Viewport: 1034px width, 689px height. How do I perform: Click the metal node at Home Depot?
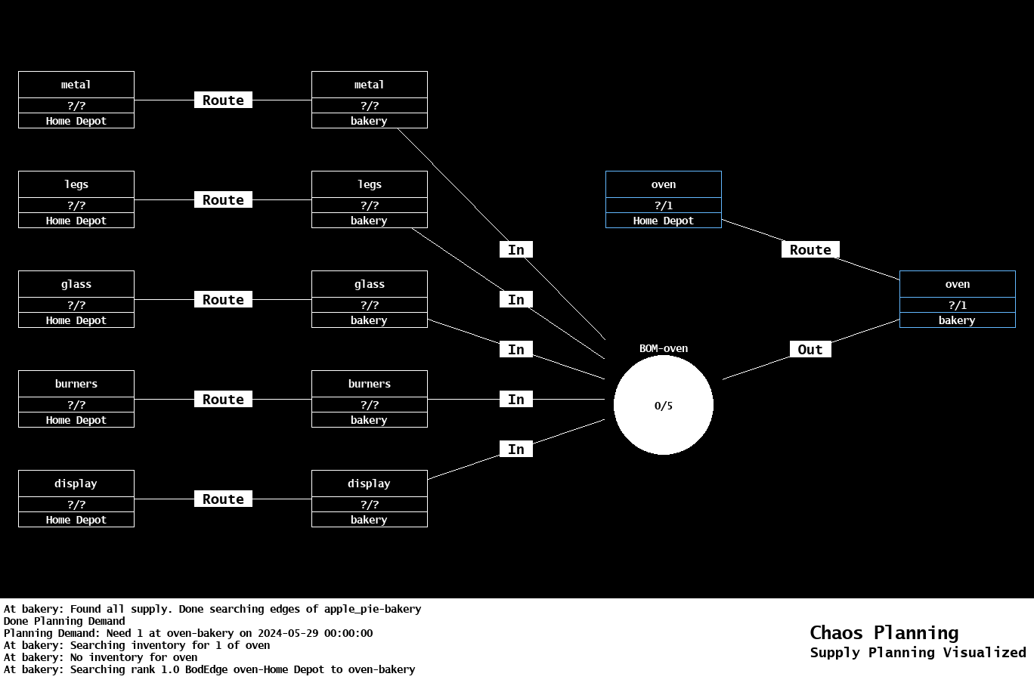coord(76,100)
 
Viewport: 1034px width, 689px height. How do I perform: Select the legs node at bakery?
coord(370,199)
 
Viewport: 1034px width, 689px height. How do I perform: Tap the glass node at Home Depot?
coord(76,299)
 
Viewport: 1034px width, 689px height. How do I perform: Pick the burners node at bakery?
coord(370,399)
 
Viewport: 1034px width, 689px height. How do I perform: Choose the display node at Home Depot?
coord(76,499)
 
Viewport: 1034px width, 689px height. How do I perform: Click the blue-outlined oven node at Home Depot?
coord(664,199)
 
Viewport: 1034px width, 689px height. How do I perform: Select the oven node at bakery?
coord(958,299)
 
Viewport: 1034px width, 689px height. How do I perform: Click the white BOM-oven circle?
coord(664,406)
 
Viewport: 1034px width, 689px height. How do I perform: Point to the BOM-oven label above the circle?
coord(664,348)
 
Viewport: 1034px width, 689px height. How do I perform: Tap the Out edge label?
coord(810,349)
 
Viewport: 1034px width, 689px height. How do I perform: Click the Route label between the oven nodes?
coord(810,249)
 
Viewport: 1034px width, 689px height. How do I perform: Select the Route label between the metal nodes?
coord(223,100)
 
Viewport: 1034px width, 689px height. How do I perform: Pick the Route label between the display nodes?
coord(223,499)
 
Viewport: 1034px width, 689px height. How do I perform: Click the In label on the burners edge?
coord(516,399)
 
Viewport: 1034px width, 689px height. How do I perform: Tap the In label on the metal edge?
coord(516,249)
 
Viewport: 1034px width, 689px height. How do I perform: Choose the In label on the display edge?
coord(516,449)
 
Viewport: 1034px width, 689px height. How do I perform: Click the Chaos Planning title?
coord(884,632)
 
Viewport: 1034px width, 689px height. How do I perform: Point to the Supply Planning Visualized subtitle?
coord(918,652)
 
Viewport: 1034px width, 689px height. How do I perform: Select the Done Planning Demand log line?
coord(64,621)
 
